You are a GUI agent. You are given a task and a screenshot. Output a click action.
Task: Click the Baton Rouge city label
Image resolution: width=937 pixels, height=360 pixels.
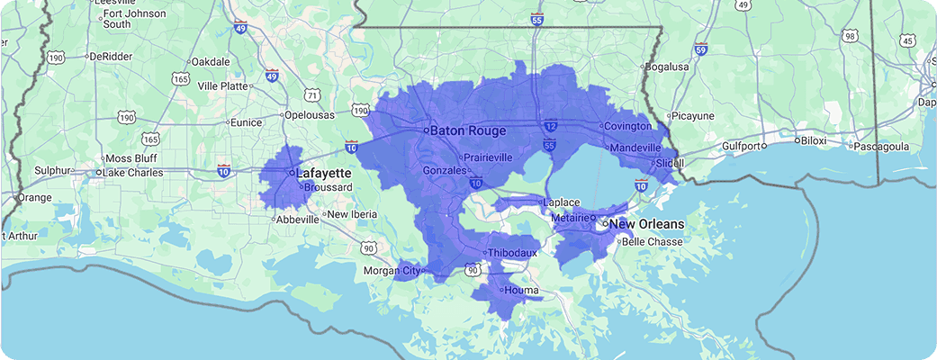tap(467, 131)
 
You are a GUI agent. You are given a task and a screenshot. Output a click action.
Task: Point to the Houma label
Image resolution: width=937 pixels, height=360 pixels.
tap(521, 291)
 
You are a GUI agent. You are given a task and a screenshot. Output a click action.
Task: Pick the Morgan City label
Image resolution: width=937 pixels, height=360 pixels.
tap(391, 271)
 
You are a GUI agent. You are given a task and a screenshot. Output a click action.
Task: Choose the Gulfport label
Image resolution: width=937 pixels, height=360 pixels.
tap(734, 146)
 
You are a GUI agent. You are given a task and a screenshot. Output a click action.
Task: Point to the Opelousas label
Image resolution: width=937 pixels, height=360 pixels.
tap(310, 115)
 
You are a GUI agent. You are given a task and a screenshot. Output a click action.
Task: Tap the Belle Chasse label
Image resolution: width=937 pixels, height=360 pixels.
tap(654, 242)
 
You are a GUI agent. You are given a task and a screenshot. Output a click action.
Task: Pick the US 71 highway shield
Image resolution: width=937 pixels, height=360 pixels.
tap(311, 94)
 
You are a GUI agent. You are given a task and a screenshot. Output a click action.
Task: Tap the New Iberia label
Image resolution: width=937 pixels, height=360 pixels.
tap(349, 214)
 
